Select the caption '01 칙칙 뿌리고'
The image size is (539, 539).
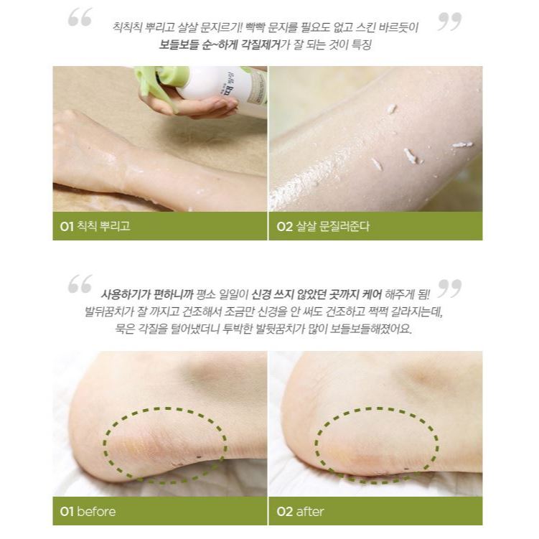point(95,226)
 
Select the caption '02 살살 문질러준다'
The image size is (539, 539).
point(323,226)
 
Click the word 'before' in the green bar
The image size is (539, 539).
point(96,512)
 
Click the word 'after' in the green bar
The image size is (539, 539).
point(310,512)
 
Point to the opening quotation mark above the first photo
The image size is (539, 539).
point(80,17)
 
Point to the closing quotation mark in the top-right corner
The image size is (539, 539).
point(449,22)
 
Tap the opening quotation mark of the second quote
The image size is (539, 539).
point(80,283)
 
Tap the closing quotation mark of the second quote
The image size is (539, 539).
point(449,288)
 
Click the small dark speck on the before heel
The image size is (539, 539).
point(199,456)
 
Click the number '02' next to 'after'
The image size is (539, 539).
point(285,512)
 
